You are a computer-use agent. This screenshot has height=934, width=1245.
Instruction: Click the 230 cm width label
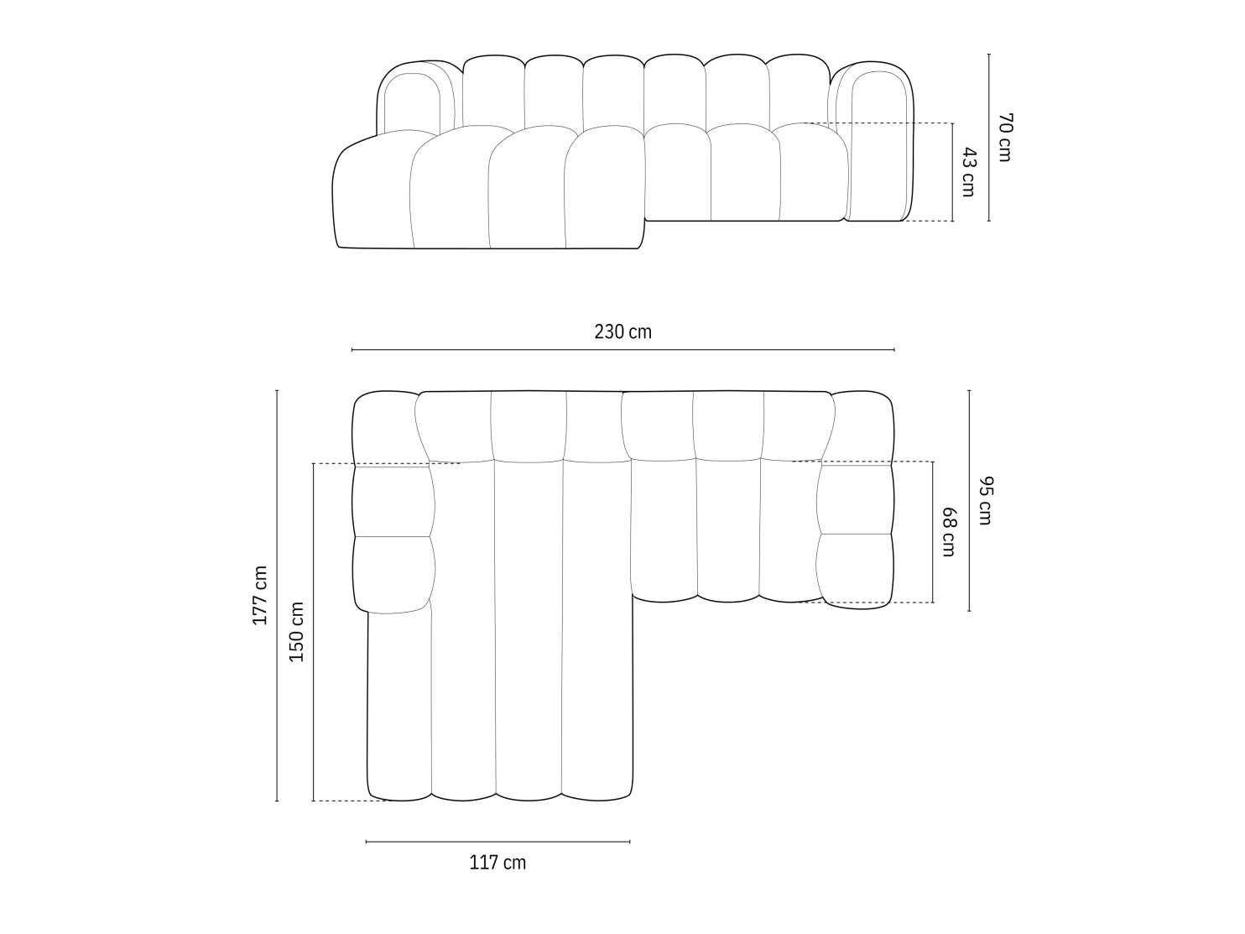(x=622, y=331)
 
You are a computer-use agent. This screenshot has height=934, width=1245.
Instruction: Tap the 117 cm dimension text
(x=497, y=862)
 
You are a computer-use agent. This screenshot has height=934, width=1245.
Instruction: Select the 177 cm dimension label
(x=260, y=595)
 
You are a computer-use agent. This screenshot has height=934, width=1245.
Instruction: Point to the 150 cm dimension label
(x=296, y=632)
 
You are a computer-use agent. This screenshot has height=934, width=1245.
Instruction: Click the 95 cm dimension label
(x=985, y=501)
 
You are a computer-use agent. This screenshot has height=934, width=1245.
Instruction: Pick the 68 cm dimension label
(x=948, y=532)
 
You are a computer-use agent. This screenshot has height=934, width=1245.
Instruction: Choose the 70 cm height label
(x=1005, y=137)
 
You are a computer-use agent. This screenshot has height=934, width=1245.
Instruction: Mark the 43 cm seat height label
(x=968, y=172)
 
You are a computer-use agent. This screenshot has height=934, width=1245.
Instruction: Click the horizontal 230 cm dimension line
(x=622, y=349)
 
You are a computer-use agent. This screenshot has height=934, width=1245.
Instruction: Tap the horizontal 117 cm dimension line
(x=497, y=841)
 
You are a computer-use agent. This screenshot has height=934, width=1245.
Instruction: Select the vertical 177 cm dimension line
(x=277, y=595)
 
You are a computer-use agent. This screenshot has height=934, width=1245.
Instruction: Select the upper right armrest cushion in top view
(x=855, y=499)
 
